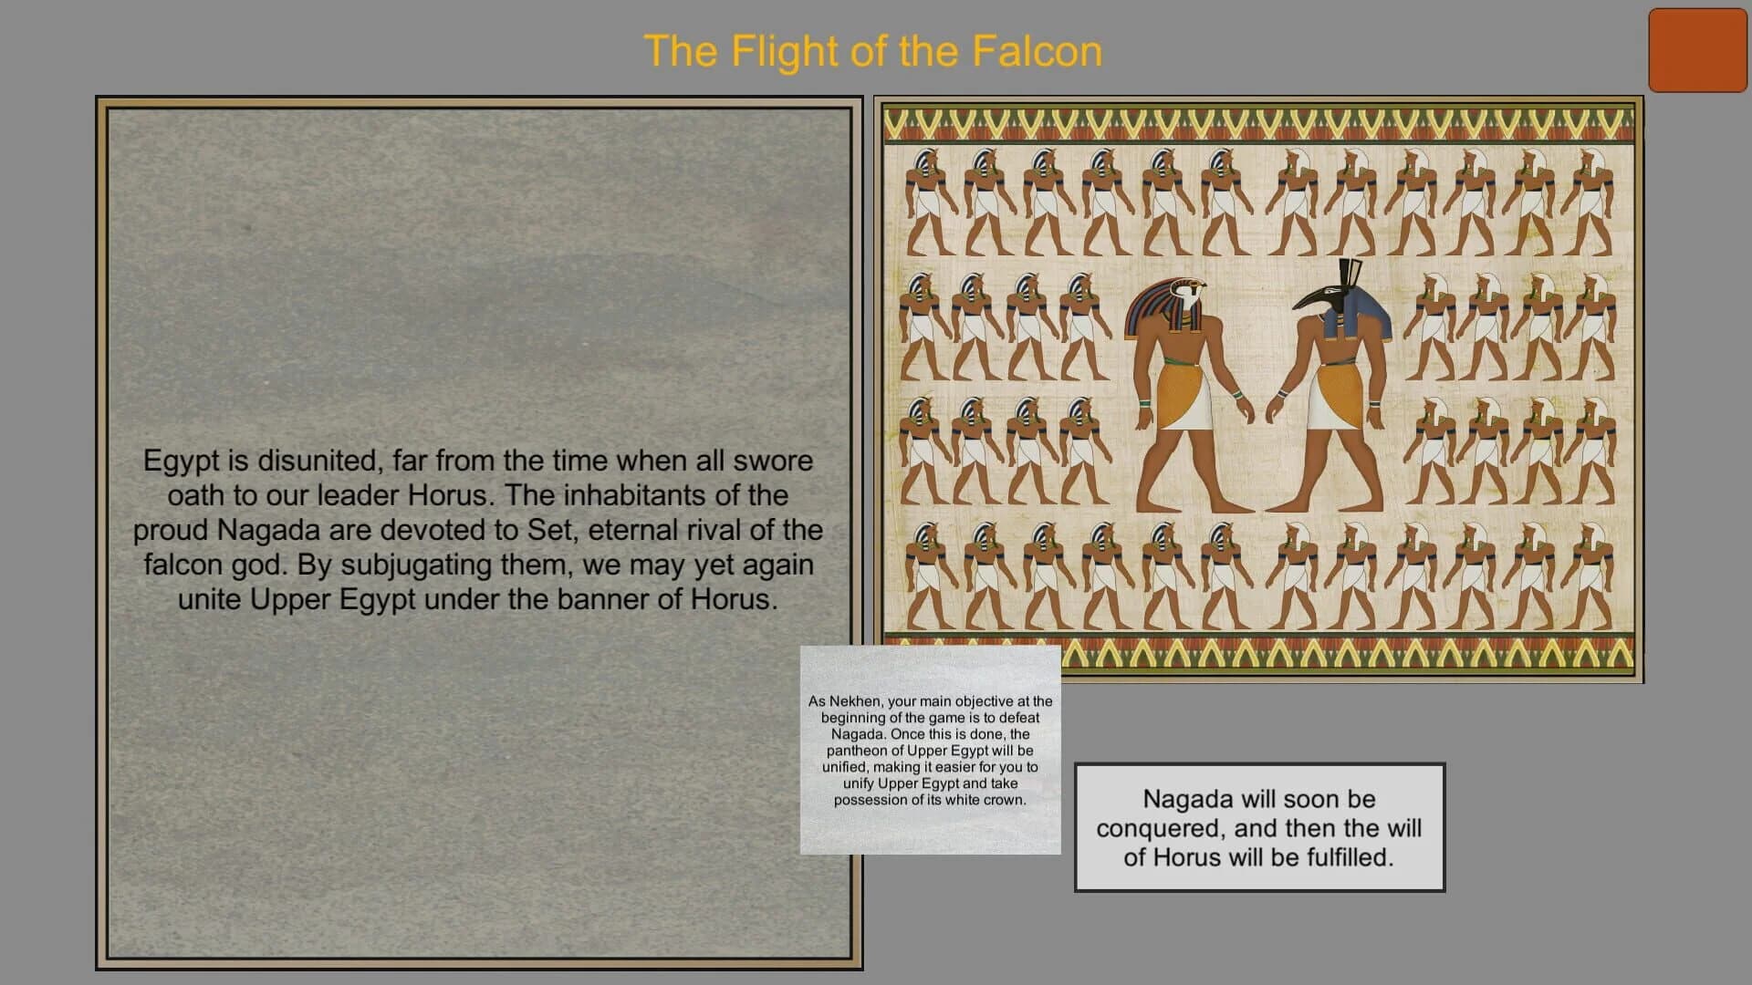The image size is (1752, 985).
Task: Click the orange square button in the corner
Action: pos(1697,51)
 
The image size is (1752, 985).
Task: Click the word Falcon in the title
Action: pos(1037,51)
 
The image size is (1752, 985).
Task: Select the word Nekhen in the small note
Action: pos(854,701)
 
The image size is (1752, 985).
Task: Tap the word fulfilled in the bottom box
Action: pos(1345,857)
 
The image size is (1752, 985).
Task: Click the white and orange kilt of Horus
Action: pos(1184,397)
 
